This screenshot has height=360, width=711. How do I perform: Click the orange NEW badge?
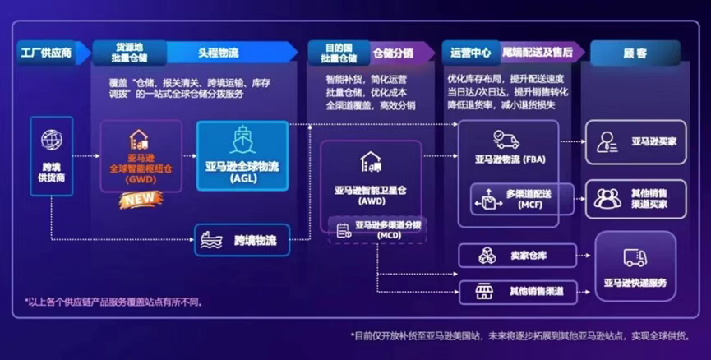(x=140, y=199)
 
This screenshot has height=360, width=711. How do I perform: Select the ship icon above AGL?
(x=242, y=139)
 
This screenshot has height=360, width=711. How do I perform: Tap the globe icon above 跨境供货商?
(x=52, y=139)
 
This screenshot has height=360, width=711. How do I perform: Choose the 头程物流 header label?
(x=219, y=53)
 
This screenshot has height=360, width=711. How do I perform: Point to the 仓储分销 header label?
(x=393, y=53)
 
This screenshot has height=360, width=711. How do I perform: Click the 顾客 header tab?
(x=635, y=53)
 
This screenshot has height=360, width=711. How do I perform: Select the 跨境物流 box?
(x=242, y=240)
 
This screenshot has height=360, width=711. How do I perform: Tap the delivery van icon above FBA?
(x=506, y=140)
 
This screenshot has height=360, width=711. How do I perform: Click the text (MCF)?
(x=530, y=205)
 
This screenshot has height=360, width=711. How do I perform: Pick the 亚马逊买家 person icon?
(x=607, y=141)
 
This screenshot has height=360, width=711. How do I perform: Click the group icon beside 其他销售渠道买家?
(x=607, y=199)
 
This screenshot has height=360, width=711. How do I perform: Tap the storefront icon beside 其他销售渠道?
(x=484, y=291)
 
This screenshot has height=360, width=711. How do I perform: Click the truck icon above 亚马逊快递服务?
(x=635, y=257)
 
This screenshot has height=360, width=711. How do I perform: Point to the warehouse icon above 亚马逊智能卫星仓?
(x=371, y=162)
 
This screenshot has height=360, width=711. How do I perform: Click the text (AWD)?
(x=372, y=201)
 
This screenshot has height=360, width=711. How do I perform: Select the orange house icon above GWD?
(x=139, y=140)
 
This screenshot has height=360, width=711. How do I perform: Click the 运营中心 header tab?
(x=471, y=53)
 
